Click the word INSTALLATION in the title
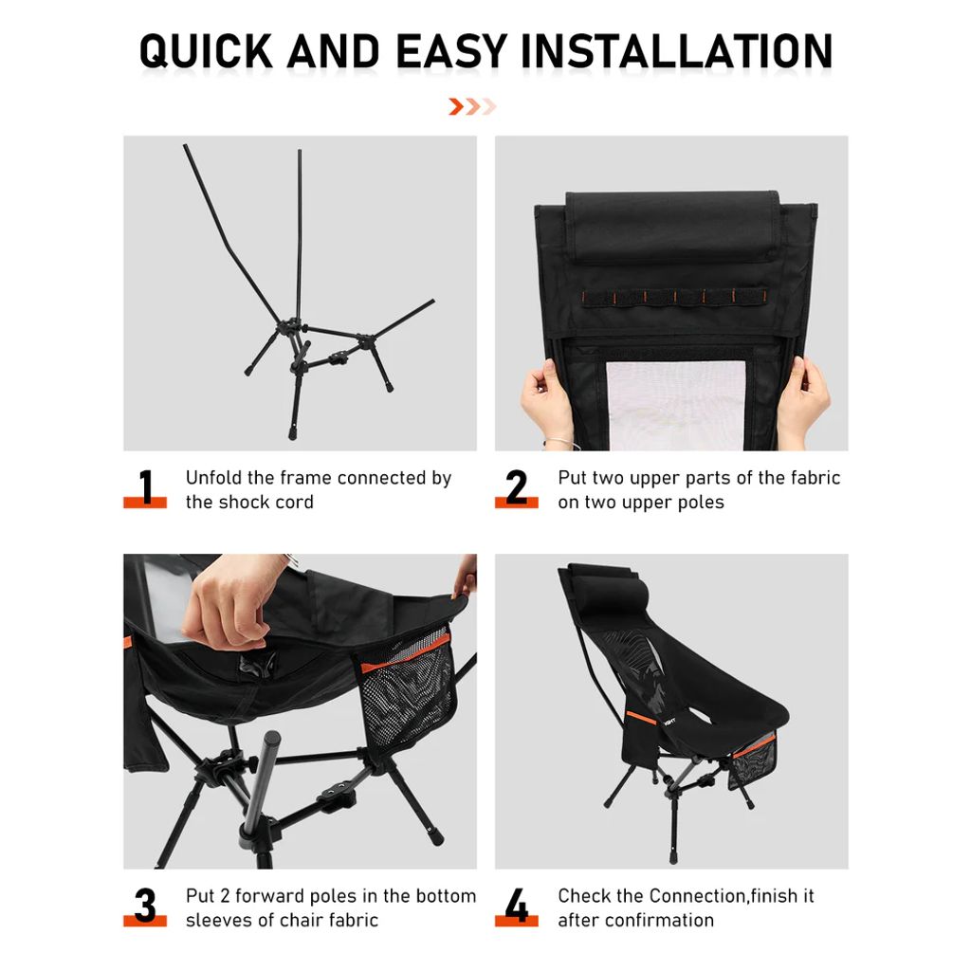coord(677,51)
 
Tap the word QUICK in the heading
coord(206,51)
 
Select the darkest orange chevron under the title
coord(456,106)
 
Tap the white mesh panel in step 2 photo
coord(675,406)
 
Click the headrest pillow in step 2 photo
coord(672,228)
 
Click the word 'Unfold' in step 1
coord(213,478)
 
